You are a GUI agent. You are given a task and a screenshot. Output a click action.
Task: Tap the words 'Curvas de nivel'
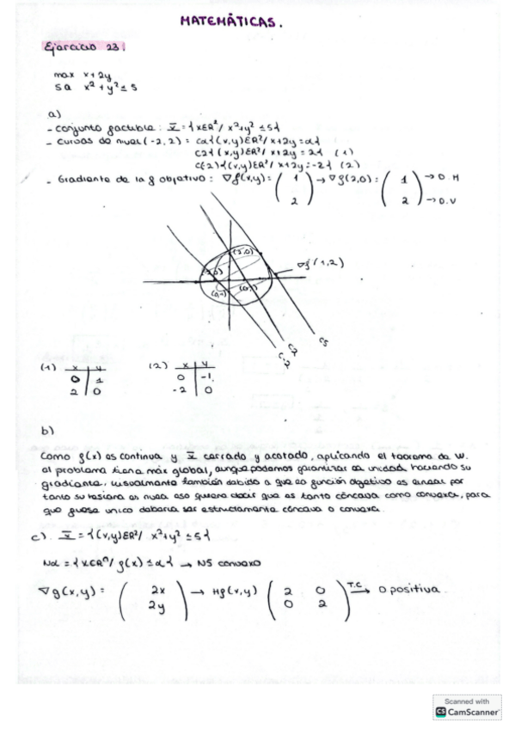88,141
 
